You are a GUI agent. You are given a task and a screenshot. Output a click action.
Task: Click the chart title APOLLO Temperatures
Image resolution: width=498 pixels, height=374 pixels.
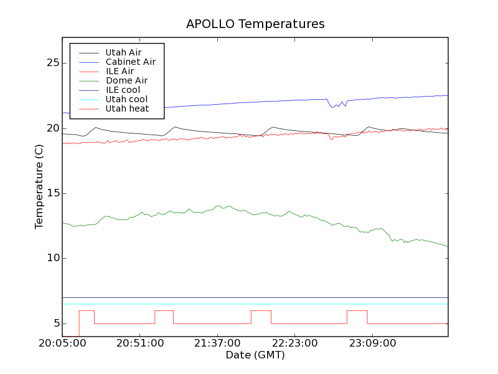coord(255,24)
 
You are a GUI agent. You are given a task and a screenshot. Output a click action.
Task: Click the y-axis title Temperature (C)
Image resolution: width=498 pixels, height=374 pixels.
coord(39,187)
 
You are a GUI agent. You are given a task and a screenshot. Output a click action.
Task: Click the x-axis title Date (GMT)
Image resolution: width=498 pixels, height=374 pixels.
coord(255,355)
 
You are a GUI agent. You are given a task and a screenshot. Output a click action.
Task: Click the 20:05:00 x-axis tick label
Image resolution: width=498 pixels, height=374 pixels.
coord(62,343)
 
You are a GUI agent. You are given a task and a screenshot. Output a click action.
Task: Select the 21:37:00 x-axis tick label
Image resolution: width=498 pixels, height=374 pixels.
coord(217,343)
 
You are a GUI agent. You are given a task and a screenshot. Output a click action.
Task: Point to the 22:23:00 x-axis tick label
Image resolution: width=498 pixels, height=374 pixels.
coord(294,343)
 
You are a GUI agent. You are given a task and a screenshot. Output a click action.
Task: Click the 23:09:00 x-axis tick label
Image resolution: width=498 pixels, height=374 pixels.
coord(371,343)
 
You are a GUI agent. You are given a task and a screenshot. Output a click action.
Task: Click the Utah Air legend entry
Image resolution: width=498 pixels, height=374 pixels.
coord(123,52)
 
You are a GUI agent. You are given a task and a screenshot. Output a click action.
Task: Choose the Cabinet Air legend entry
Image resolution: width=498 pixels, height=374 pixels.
coord(130,62)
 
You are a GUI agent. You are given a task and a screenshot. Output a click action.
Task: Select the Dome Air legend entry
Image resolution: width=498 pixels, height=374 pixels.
coord(126,80)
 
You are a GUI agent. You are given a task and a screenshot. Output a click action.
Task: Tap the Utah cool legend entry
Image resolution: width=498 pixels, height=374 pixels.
coord(126,99)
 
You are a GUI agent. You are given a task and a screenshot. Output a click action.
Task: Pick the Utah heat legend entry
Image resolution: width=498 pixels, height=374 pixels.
coord(127,108)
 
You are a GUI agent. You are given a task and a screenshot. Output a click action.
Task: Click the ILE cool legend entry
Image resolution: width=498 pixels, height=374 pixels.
coord(123,90)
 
